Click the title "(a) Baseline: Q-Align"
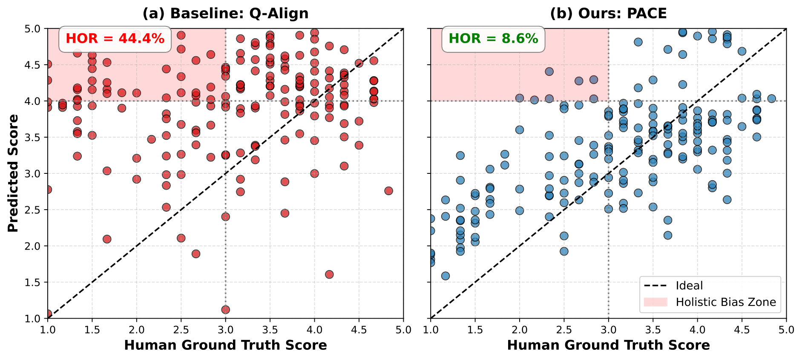tap(225, 14)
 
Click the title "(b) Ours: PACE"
tap(608, 14)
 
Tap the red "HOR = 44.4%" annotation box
tap(115, 39)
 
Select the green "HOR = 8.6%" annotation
tap(493, 39)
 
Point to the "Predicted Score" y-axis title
tap(13, 173)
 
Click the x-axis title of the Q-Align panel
tap(225, 345)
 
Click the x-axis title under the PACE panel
tap(608, 345)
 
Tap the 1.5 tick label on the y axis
tap(34, 282)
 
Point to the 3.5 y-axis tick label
tap(34, 138)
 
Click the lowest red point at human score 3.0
tap(226, 310)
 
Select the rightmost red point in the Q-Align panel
tap(388, 191)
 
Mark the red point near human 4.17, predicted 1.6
tap(329, 274)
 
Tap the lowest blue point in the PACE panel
tap(446, 276)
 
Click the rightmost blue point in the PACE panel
tap(771, 99)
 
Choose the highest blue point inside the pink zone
tap(549, 72)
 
